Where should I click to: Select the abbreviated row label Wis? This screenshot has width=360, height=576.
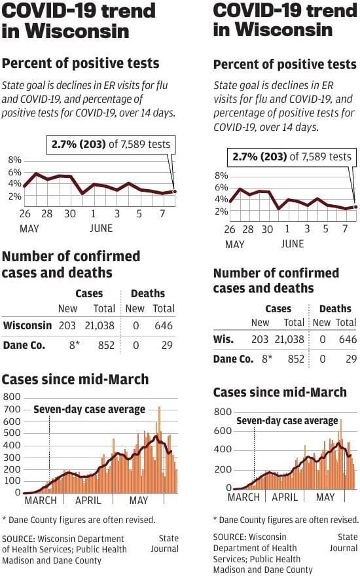[226, 339]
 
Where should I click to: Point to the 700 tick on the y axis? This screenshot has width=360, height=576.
[12, 409]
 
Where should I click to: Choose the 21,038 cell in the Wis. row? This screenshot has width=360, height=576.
[288, 339]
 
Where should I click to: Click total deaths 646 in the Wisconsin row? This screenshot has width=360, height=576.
[164, 325]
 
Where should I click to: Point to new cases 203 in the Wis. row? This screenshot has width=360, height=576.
[260, 339]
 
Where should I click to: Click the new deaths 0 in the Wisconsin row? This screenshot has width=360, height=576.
[135, 325]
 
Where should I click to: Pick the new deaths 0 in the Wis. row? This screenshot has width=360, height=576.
[323, 339]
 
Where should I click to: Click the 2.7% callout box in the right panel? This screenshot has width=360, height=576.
[292, 156]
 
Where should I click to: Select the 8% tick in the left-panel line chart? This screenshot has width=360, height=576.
[14, 160]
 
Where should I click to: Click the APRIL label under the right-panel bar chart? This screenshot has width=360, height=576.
[285, 497]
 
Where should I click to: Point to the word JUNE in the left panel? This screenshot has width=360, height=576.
[101, 228]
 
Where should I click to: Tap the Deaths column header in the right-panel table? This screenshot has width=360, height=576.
[335, 308]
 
